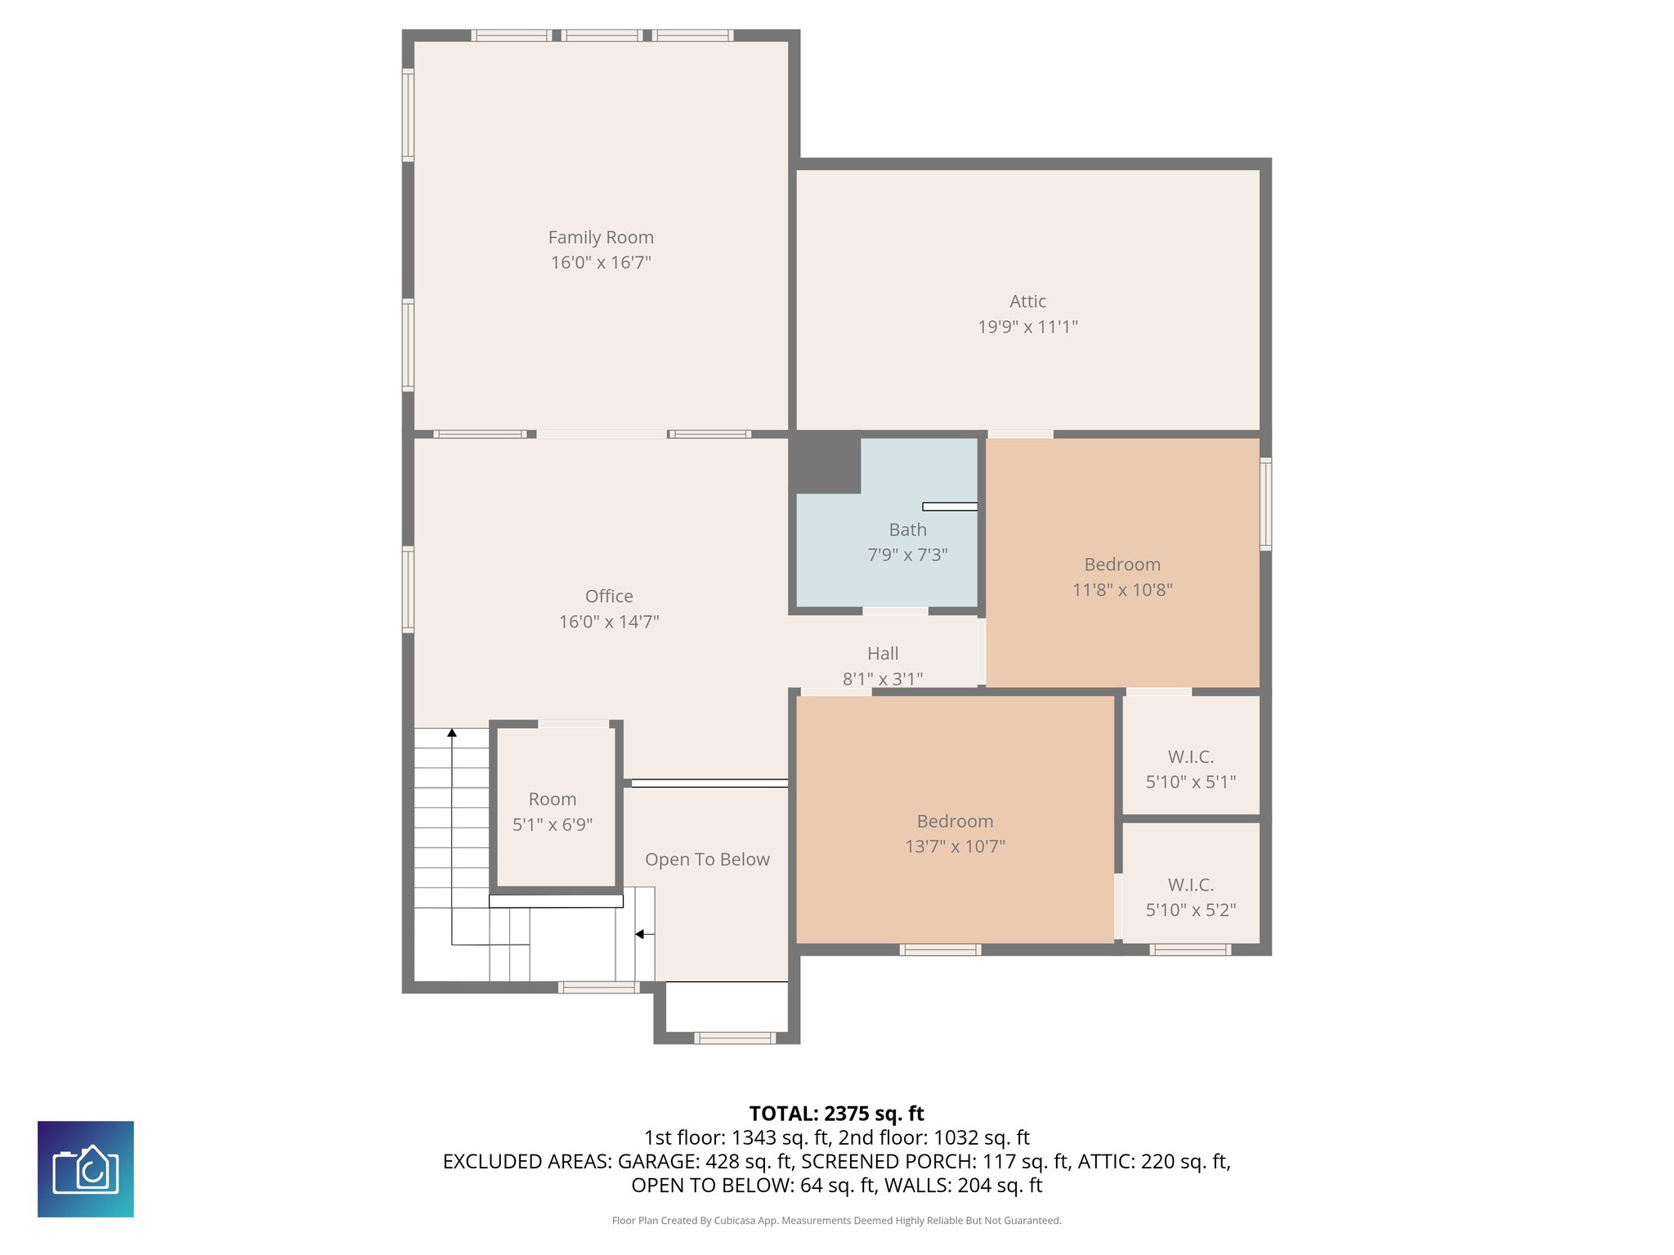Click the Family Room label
click(601, 238)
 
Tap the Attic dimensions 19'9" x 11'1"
click(1027, 327)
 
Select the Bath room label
click(907, 530)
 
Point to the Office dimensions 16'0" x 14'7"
click(609, 622)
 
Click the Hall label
click(883, 654)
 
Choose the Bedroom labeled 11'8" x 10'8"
click(1122, 576)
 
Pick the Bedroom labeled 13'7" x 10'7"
click(955, 833)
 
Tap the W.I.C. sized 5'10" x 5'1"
click(1190, 769)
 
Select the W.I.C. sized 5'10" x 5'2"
click(1190, 896)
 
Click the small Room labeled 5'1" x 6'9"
click(553, 811)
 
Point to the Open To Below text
click(707, 860)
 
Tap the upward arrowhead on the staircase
click(452, 733)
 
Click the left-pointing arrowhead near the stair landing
click(640, 934)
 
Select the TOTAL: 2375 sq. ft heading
click(836, 1114)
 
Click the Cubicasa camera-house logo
click(86, 1169)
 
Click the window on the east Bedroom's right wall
click(1265, 503)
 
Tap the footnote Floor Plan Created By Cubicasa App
click(695, 1221)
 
